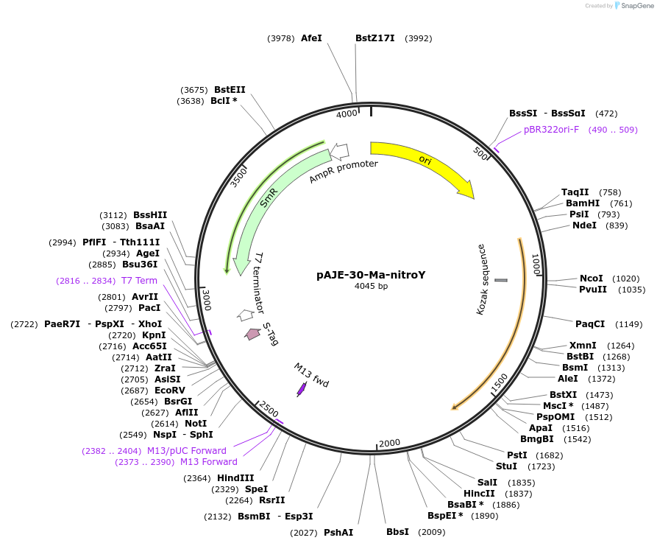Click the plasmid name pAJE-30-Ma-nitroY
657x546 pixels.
[371, 275]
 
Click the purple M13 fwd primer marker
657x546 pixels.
[301, 390]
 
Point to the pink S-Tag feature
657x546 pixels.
[252, 334]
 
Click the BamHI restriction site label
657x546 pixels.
[583, 203]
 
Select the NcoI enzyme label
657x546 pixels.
[592, 279]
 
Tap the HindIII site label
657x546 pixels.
[235, 478]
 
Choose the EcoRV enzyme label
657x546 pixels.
[170, 391]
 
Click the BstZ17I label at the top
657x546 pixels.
[375, 38]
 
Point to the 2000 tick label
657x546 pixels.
[389, 443]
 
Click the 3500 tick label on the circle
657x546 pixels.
[239, 178]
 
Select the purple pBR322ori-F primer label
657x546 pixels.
[551, 130]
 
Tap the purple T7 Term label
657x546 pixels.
[139, 280]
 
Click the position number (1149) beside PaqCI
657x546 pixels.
[628, 324]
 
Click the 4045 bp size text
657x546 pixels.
[371, 286]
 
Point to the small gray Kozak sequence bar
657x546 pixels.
[501, 280]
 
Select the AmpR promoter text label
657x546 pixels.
[344, 171]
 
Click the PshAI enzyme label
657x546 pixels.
[338, 533]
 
